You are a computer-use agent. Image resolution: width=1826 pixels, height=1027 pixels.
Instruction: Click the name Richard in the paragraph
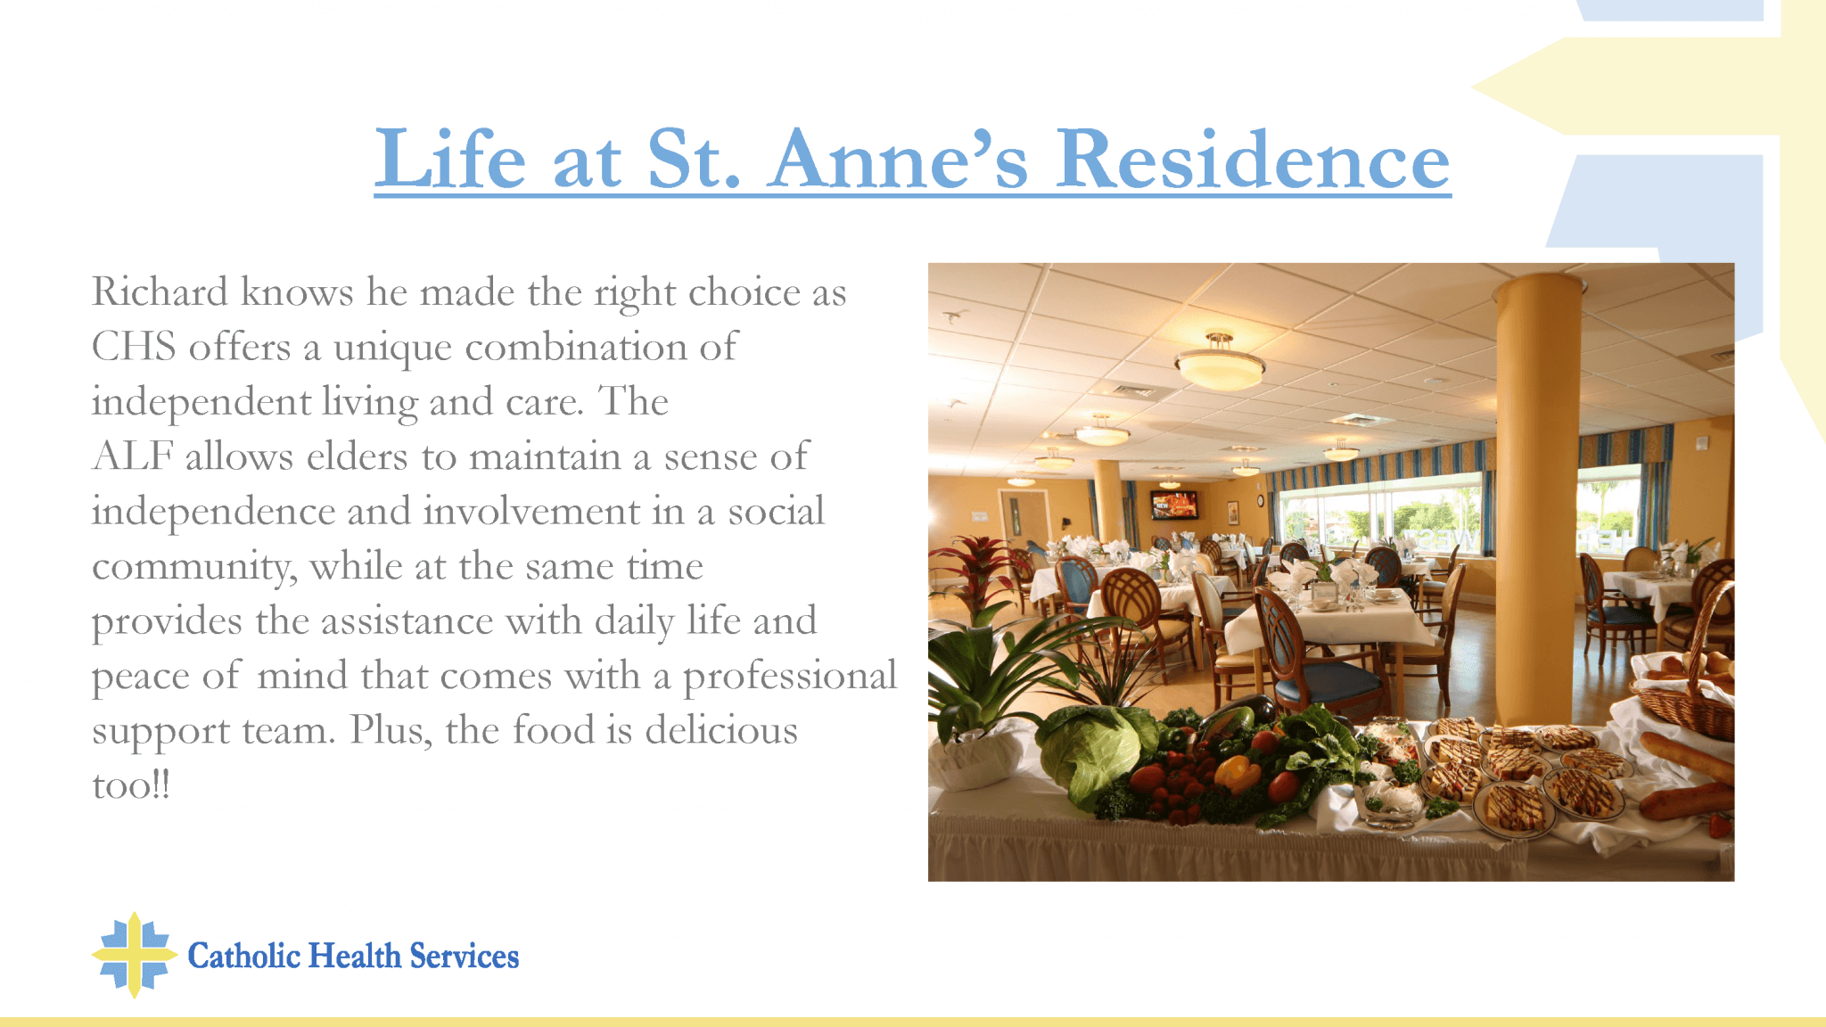pos(160,292)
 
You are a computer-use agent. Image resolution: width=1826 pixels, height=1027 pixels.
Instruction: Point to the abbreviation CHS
pos(134,347)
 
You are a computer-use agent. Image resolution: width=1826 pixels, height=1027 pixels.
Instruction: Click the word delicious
pos(721,730)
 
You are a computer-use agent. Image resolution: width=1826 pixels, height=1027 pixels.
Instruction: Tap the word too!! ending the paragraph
pos(131,785)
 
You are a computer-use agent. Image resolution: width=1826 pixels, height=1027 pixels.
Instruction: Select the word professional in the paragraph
pos(790,677)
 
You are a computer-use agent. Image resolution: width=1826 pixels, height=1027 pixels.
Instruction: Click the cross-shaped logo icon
pos(134,955)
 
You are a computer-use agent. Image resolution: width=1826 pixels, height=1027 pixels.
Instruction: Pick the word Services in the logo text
pos(465,956)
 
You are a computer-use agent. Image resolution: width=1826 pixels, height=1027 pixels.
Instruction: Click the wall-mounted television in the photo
pos(1173,505)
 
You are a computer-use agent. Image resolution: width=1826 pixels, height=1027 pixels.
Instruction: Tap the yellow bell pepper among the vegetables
pos(1237,772)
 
